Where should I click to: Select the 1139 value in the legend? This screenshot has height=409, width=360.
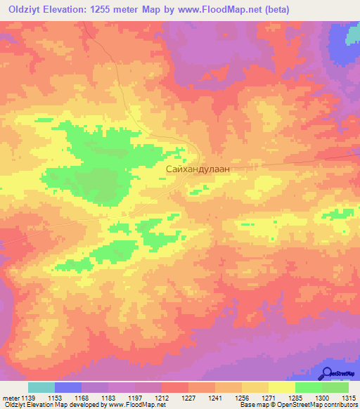(27, 398)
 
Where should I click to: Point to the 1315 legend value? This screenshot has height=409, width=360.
(349, 398)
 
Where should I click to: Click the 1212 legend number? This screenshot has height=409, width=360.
(162, 398)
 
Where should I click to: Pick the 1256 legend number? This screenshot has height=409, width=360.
(242, 398)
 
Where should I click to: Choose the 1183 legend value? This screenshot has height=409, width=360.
(108, 398)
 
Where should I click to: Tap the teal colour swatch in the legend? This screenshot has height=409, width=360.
(41, 387)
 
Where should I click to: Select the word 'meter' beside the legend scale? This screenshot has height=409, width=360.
(9, 398)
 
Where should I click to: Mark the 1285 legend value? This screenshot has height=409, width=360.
(295, 398)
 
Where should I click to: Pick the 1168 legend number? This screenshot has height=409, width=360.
(82, 398)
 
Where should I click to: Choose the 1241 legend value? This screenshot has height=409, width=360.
(215, 398)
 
